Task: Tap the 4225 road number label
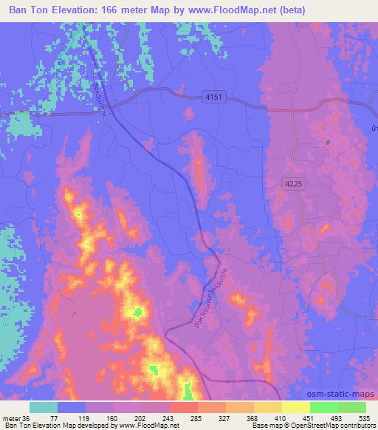[x=292, y=184]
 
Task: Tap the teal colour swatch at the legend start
[x=44, y=407]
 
